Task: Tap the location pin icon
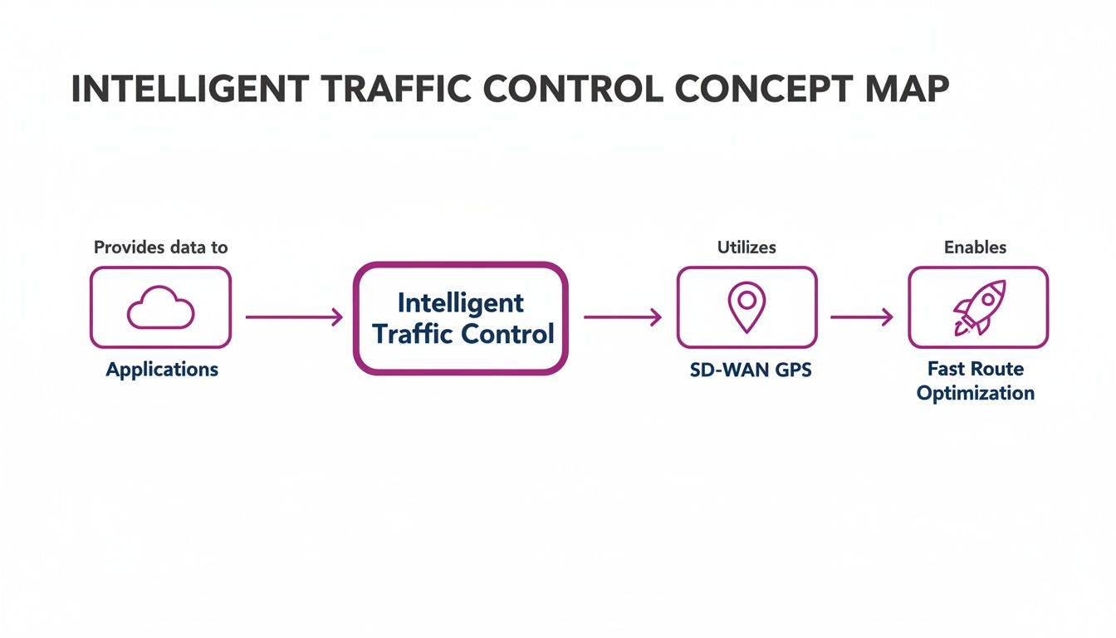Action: (746, 306)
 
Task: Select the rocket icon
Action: (978, 307)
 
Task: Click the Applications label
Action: (162, 370)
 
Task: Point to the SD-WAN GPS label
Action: (751, 371)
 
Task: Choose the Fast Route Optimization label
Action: (976, 380)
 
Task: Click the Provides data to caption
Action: (160, 247)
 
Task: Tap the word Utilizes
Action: (746, 247)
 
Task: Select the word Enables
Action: (975, 247)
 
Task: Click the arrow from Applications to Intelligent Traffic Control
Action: (294, 317)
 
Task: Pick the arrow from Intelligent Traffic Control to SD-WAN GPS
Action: (623, 317)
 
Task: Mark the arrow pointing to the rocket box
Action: (862, 317)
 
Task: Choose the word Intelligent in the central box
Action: (461, 302)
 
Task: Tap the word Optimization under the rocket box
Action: (976, 393)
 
